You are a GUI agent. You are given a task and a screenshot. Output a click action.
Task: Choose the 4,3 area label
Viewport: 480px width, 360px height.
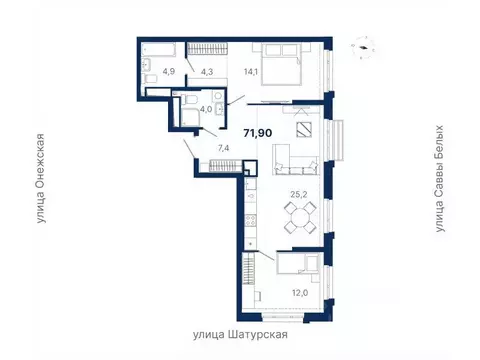pos(207,72)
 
